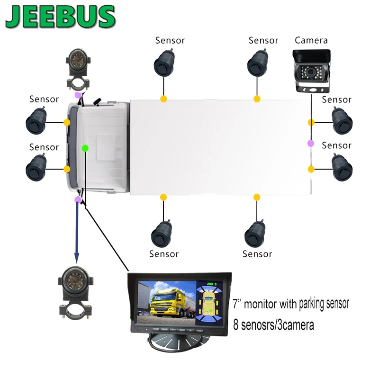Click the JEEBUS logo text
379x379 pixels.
pyautogui.click(x=61, y=18)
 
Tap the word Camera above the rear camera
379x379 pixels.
pyautogui.click(x=311, y=40)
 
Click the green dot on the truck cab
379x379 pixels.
pyautogui.click(x=85, y=148)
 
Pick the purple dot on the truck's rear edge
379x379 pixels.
pyautogui.click(x=310, y=143)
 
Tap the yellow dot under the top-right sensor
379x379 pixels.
pyautogui.click(x=257, y=99)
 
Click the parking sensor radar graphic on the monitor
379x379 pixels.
pyautogui.click(x=208, y=303)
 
